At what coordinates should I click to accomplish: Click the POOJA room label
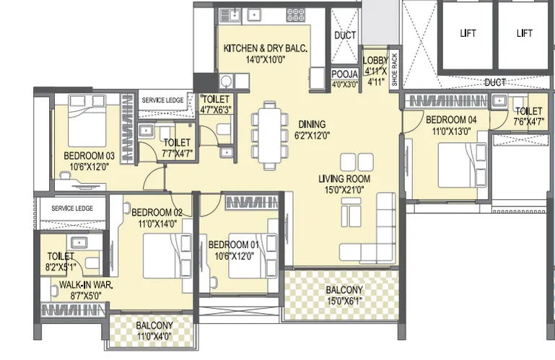click(345, 74)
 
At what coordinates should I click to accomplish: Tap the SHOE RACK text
click(395, 70)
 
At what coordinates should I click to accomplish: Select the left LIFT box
click(468, 35)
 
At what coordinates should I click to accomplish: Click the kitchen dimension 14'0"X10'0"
click(266, 59)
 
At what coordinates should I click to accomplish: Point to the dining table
click(270, 136)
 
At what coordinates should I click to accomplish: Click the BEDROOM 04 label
click(451, 120)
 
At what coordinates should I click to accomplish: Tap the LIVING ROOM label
click(344, 179)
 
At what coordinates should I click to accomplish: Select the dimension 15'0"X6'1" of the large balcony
click(344, 302)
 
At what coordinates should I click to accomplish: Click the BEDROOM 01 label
click(234, 245)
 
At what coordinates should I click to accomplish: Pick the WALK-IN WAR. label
click(86, 285)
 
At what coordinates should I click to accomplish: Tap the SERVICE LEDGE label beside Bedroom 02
click(72, 208)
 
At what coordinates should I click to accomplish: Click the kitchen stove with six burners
click(296, 16)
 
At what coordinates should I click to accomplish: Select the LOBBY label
click(375, 61)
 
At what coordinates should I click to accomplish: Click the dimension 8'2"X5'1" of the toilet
click(61, 267)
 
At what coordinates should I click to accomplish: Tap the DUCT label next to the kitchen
click(345, 35)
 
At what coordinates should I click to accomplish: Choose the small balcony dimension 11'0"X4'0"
click(154, 336)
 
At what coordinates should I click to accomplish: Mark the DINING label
click(312, 125)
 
